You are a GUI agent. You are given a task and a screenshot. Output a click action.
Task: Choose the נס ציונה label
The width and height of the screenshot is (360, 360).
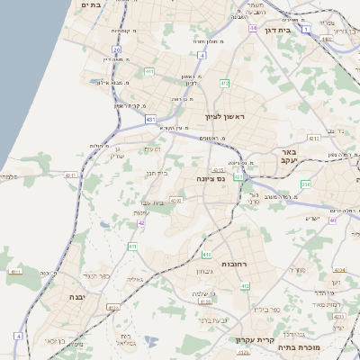pos(210,179)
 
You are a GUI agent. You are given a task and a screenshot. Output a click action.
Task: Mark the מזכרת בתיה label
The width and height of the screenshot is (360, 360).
pos(299,346)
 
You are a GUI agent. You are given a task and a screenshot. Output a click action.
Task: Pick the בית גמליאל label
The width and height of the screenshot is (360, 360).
pos(126,339)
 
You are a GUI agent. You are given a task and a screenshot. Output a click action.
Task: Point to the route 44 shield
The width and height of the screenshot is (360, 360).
pos(254,28)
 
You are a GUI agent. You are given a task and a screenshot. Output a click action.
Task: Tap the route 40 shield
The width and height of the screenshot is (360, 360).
pos(332,220)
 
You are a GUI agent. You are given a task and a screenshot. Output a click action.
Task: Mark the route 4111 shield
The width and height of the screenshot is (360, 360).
pos(14,270)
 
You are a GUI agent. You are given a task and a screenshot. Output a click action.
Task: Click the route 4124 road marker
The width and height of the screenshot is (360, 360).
pos(113,307)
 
